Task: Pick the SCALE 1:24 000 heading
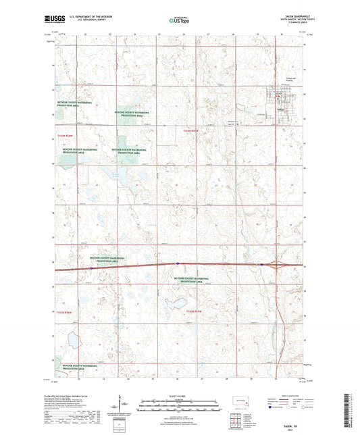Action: click(180, 395)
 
